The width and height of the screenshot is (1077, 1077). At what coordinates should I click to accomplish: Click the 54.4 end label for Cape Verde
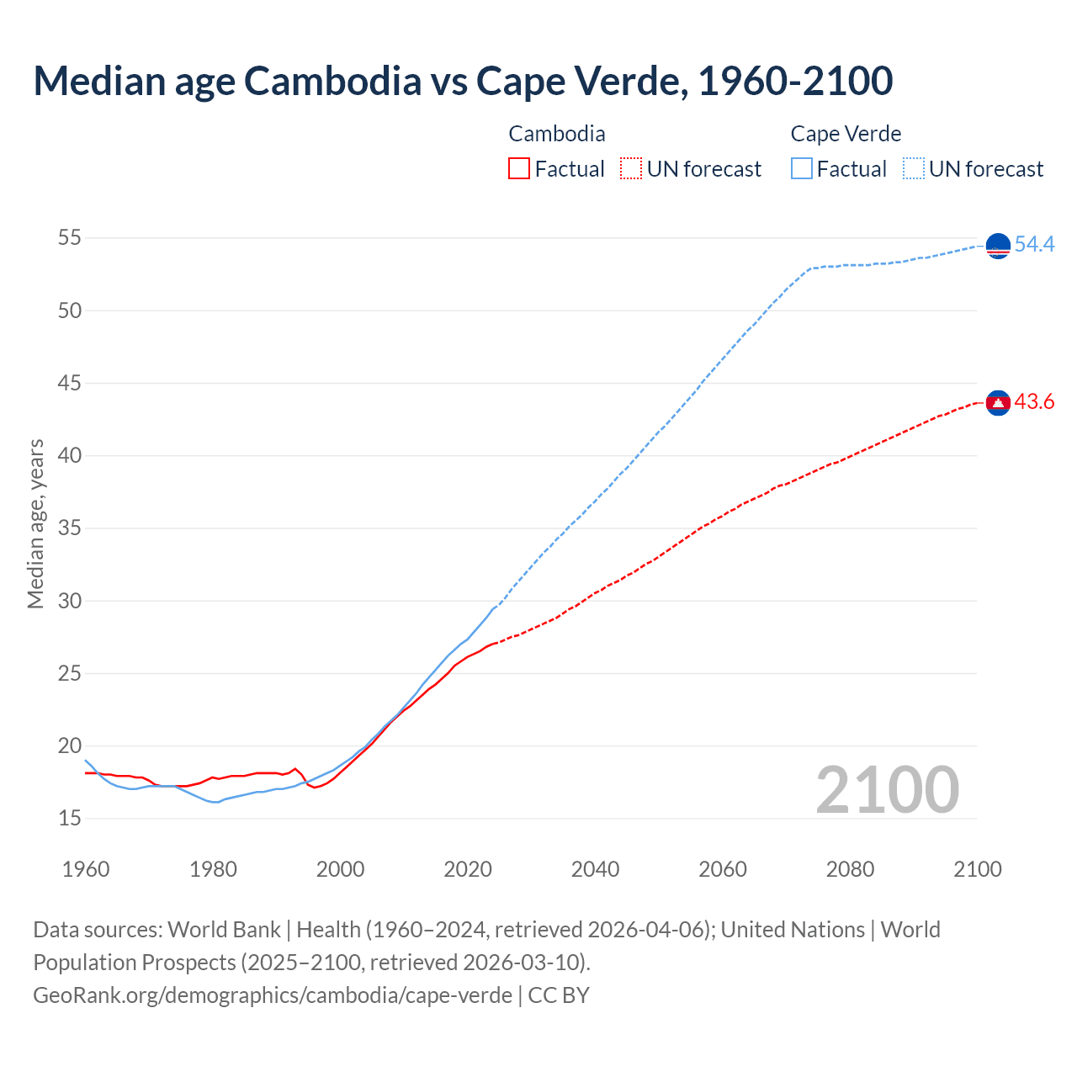(x=1034, y=244)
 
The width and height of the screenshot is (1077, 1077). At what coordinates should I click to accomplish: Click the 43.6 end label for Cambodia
(x=1034, y=402)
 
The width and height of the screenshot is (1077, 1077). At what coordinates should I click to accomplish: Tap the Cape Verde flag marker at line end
(x=998, y=246)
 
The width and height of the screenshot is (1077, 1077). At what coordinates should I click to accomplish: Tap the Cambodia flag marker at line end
(x=998, y=404)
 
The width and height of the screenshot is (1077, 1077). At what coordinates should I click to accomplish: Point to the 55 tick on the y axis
(x=69, y=238)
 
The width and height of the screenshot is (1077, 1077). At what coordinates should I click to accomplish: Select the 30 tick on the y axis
(x=69, y=601)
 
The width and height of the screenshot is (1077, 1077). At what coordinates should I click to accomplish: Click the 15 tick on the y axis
(x=69, y=818)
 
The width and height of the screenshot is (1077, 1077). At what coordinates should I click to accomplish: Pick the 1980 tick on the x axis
(x=213, y=869)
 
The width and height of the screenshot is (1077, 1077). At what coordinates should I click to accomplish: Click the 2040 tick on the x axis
(x=595, y=869)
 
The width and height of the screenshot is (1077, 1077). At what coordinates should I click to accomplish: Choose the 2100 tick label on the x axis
(x=977, y=869)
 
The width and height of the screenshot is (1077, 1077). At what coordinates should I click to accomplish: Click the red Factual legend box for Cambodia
(x=519, y=168)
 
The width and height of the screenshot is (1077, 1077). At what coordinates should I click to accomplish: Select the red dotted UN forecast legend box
(x=631, y=168)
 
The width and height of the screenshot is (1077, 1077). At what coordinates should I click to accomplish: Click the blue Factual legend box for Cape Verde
(x=802, y=168)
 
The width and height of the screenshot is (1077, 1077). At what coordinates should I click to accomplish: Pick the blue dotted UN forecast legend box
(x=914, y=168)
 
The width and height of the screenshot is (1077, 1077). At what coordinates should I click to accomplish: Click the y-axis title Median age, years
(x=35, y=523)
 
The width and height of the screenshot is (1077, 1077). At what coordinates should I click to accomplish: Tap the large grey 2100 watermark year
(x=887, y=789)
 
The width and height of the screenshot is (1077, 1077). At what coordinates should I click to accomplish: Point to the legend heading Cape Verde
(x=846, y=134)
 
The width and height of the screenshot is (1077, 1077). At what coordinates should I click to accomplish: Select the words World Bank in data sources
(x=224, y=930)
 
